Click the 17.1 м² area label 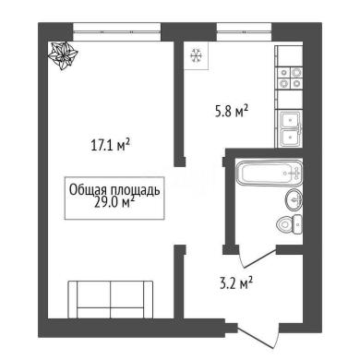pyautogui.click(x=110, y=145)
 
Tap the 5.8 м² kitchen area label pyautogui.click(x=232, y=112)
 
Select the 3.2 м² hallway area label pyautogui.click(x=236, y=282)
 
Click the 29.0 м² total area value pyautogui.click(x=114, y=203)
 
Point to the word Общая pyautogui.click(x=88, y=190)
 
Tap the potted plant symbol pyautogui.click(x=63, y=55)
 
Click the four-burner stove pyautogui.click(x=290, y=78)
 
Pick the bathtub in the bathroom pyautogui.click(x=269, y=174)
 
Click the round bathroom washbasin pyautogui.click(x=294, y=200)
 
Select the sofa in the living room pyautogui.click(x=111, y=299)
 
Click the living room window pyautogui.click(x=117, y=31)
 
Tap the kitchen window pyautogui.click(x=244, y=31)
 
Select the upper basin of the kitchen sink pyautogui.click(x=290, y=119)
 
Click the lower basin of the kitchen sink pyautogui.click(x=290, y=138)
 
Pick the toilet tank pyautogui.click(x=297, y=224)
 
